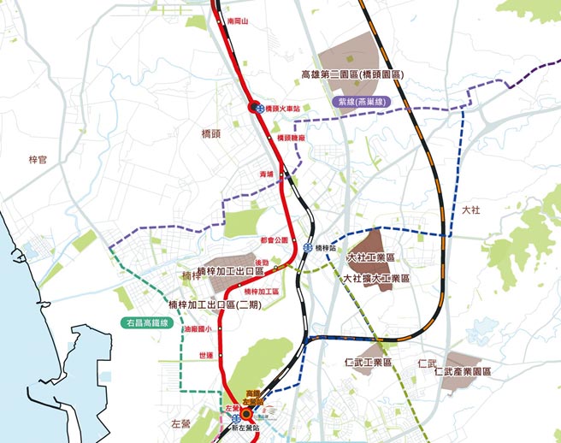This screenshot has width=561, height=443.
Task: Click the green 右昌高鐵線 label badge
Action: (x=147, y=323)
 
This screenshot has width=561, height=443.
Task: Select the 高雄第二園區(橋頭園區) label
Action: (x=352, y=74)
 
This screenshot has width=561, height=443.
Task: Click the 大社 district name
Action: (x=471, y=209)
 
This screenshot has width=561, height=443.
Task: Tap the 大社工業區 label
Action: (x=370, y=257)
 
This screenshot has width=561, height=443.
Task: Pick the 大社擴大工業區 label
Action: (x=376, y=278)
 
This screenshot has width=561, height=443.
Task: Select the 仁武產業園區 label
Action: (x=463, y=372)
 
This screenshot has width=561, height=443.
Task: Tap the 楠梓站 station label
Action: (x=328, y=246)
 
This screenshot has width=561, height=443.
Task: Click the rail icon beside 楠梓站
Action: (x=308, y=246)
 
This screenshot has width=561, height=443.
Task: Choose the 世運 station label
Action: (x=206, y=355)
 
